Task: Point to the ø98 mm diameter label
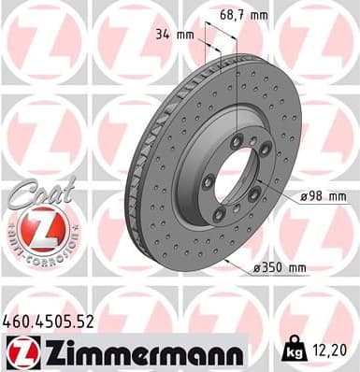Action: pyautogui.click(x=323, y=197)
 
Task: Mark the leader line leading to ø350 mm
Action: pyautogui.click(x=238, y=262)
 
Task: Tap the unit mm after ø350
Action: pyautogui.click(x=297, y=268)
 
